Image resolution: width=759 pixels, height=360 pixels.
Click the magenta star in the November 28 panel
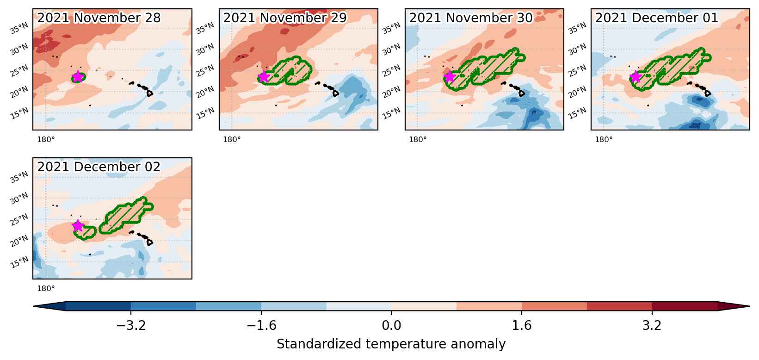point(78,77)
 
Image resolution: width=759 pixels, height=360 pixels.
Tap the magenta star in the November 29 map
point(264,77)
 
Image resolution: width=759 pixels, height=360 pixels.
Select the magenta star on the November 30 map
point(450,77)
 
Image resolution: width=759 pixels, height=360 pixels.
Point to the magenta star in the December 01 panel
point(636,77)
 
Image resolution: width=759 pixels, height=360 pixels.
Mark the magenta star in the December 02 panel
point(78,225)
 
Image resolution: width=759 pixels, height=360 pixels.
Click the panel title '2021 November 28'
point(99,18)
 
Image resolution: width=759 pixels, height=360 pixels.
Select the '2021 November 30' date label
point(471,18)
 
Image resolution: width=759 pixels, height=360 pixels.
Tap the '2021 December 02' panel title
point(99,167)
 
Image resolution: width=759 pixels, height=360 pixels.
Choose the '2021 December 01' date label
point(657,18)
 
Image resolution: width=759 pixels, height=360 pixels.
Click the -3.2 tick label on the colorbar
point(131,325)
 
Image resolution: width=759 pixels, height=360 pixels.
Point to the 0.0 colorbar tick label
point(391,325)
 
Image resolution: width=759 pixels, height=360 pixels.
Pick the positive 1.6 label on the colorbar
point(521,325)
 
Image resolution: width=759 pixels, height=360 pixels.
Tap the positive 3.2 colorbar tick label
point(652,325)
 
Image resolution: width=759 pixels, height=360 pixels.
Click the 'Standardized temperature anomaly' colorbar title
point(391,344)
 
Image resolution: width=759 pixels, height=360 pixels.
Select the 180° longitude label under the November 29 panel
point(232,139)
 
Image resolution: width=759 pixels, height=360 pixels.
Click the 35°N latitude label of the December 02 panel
point(19,177)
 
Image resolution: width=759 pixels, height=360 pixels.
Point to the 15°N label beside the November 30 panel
point(391,113)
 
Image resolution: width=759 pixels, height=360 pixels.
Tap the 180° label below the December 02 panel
point(46,288)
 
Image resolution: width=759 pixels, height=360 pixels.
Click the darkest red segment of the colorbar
point(685,306)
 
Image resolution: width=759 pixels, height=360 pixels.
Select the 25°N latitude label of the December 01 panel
point(577,70)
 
